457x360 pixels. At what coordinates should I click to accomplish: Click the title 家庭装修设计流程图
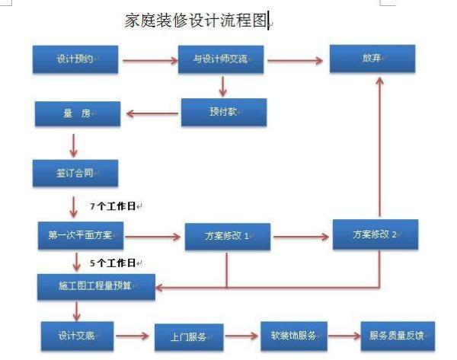click(197, 21)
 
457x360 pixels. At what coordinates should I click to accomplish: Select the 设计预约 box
click(75, 59)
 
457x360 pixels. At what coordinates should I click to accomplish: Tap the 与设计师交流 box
click(220, 59)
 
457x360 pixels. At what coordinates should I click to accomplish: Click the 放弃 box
click(372, 59)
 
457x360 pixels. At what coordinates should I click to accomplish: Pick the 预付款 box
click(223, 113)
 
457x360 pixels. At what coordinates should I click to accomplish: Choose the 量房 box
click(77, 114)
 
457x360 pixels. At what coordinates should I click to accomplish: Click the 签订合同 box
click(75, 173)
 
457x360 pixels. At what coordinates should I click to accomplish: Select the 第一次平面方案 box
click(80, 235)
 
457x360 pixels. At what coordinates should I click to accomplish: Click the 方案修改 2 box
click(375, 234)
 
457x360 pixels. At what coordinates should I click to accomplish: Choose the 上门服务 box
click(188, 336)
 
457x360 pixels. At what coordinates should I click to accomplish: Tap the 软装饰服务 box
click(293, 334)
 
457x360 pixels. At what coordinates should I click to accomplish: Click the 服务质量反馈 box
click(397, 334)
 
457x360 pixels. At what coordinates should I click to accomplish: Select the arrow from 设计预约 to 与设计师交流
click(148, 59)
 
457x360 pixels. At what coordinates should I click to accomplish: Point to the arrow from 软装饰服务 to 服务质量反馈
click(344, 335)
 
